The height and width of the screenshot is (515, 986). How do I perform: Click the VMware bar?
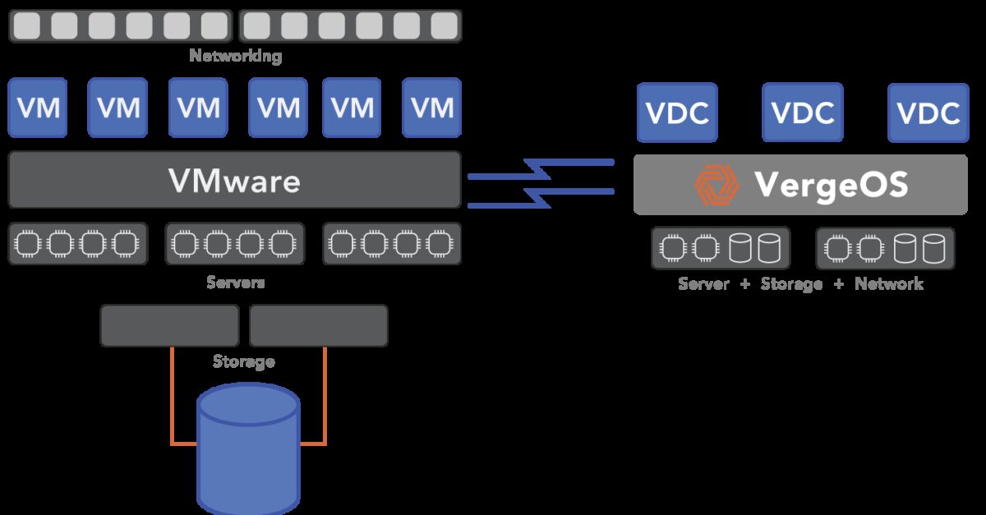(234, 179)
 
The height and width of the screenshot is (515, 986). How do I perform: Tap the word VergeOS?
(831, 185)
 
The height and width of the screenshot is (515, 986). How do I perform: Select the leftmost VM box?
(37, 108)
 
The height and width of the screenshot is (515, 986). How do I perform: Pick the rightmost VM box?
(431, 108)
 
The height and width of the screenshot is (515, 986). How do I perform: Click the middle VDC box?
(802, 113)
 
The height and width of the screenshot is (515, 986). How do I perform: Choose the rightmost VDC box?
(928, 113)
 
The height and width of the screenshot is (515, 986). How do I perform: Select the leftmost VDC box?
(677, 113)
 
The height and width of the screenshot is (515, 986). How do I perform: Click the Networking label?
(235, 57)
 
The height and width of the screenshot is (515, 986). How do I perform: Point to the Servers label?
(235, 283)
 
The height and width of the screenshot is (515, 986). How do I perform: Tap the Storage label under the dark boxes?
(243, 361)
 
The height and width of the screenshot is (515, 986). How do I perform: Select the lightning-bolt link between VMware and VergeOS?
(541, 182)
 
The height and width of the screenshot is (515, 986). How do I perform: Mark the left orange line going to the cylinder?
(172, 402)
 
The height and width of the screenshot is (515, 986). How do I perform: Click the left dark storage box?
(169, 325)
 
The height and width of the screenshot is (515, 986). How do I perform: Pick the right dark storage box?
(318, 325)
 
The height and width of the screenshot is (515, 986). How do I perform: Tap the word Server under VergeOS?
(703, 284)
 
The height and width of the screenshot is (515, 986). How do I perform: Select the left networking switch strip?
(121, 26)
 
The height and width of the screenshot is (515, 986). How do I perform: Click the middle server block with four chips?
(234, 244)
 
